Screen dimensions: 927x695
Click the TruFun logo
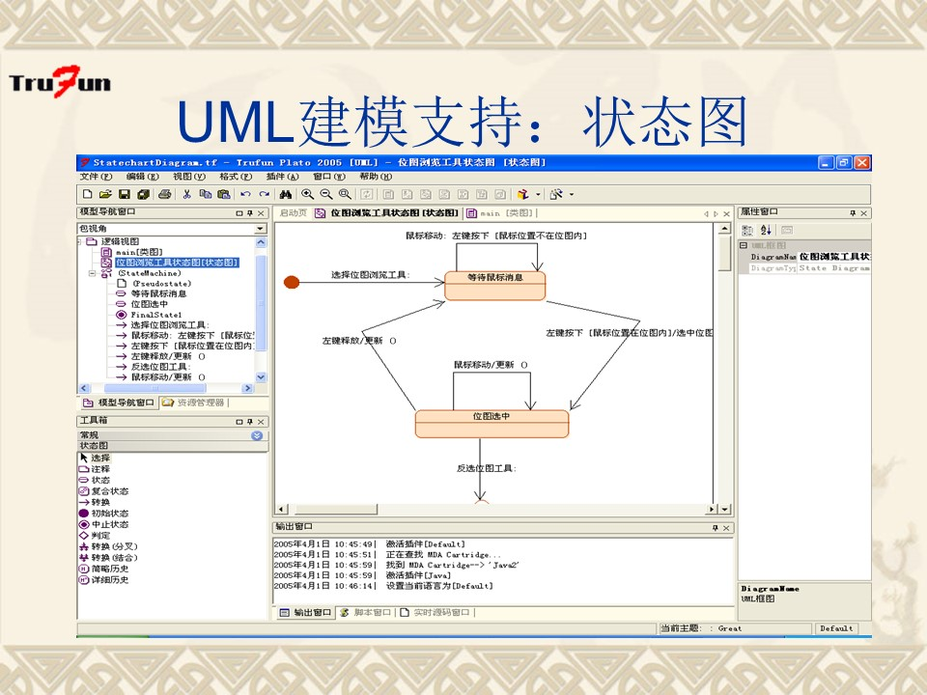tap(60, 82)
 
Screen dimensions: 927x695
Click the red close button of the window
tap(862, 163)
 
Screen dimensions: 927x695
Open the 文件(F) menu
tap(96, 177)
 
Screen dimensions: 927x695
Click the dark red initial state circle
tap(292, 281)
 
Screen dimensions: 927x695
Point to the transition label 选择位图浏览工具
tap(370, 275)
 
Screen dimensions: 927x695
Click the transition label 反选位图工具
tap(486, 468)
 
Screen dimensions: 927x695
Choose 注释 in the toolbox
tap(100, 469)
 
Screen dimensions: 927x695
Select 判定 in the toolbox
tap(100, 535)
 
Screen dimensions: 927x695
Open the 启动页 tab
tap(293, 212)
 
